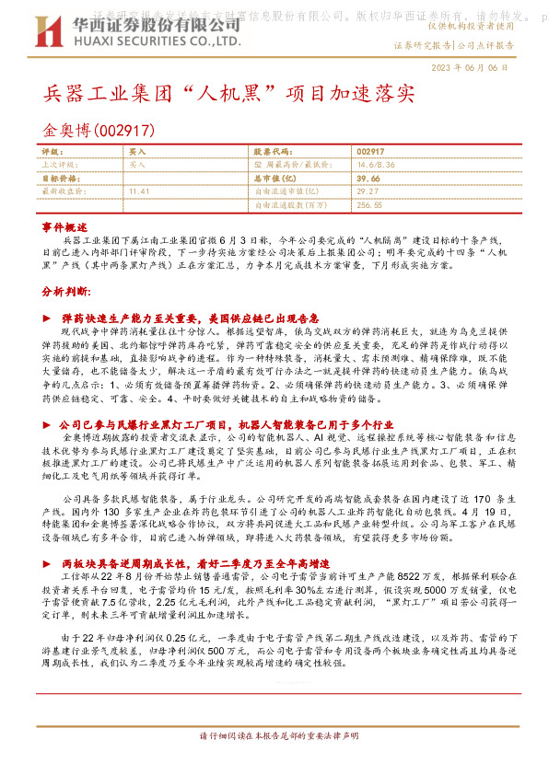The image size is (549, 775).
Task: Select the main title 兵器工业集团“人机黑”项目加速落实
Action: [230, 96]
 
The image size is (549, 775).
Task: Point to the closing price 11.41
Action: [139, 191]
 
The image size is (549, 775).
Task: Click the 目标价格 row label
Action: [63, 178]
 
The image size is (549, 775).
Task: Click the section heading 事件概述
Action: [65, 226]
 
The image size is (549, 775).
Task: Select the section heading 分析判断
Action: [66, 292]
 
